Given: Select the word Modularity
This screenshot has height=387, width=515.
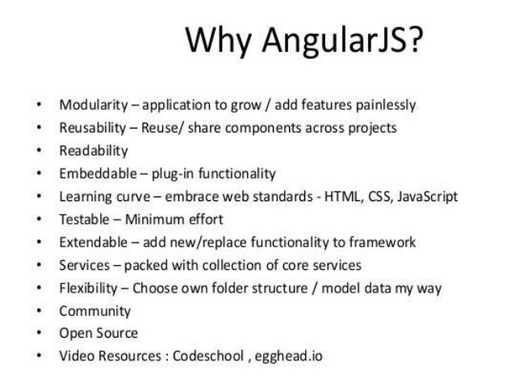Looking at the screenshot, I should (x=90, y=105).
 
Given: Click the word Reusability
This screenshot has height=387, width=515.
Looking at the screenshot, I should (x=91, y=128).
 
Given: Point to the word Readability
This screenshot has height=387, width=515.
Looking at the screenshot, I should (x=93, y=150).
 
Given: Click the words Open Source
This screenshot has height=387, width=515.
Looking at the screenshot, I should (x=98, y=333).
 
